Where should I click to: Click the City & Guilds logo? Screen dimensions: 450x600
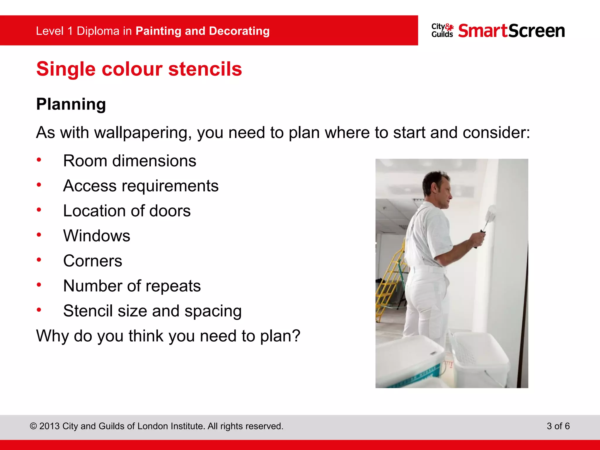point(442,31)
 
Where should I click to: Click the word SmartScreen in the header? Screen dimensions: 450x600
point(511,31)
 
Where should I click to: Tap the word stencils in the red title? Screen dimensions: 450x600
point(205,69)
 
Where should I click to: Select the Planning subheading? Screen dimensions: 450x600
point(71,104)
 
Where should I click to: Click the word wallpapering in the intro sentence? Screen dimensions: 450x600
point(143,133)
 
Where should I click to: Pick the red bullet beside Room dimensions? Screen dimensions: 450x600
point(39,160)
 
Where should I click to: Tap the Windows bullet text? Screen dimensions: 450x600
point(97,236)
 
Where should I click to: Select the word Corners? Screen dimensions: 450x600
point(93,261)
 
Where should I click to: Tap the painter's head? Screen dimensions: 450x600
point(437,187)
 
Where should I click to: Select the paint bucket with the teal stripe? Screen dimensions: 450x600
point(410,363)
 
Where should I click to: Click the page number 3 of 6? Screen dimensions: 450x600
point(558,426)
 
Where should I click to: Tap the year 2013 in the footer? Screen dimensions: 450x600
point(50,426)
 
